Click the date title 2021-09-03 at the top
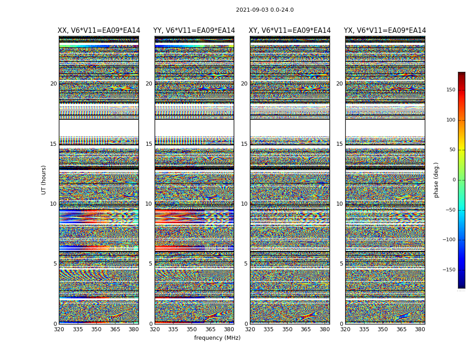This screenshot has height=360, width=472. pyautogui.click(x=265, y=10)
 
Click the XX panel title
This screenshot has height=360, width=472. pyautogui.click(x=99, y=31)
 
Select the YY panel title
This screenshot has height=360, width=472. pyautogui.click(x=194, y=31)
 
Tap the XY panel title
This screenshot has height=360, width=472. pyautogui.click(x=289, y=31)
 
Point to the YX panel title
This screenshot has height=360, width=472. pyautogui.click(x=385, y=31)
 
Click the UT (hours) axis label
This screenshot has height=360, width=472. pyautogui.click(x=44, y=180)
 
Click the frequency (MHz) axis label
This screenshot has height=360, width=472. pyautogui.click(x=217, y=338)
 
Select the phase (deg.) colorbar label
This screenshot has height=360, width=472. pyautogui.click(x=436, y=180)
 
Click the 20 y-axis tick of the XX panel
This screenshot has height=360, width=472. pyautogui.click(x=53, y=84)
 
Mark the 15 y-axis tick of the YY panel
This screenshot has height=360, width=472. pyautogui.click(x=149, y=144)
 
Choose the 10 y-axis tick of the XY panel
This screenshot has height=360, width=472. pyautogui.click(x=244, y=204)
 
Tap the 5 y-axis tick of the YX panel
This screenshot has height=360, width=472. pyautogui.click(x=341, y=264)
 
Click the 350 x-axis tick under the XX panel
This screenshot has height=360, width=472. pyautogui.click(x=97, y=329)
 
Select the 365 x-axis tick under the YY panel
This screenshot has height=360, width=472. pyautogui.click(x=210, y=329)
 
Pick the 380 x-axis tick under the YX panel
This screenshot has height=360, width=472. pyautogui.click(x=420, y=329)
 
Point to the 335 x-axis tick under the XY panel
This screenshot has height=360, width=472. pyautogui.click(x=269, y=329)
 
